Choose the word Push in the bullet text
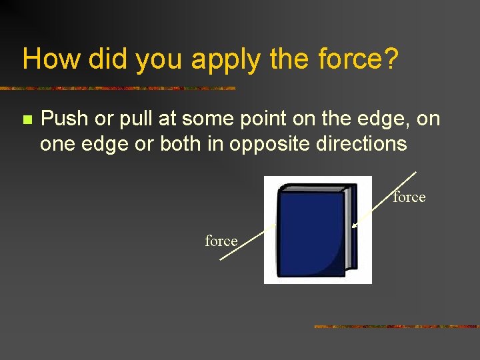click(64, 119)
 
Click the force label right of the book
click(409, 197)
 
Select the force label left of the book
click(221, 241)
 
